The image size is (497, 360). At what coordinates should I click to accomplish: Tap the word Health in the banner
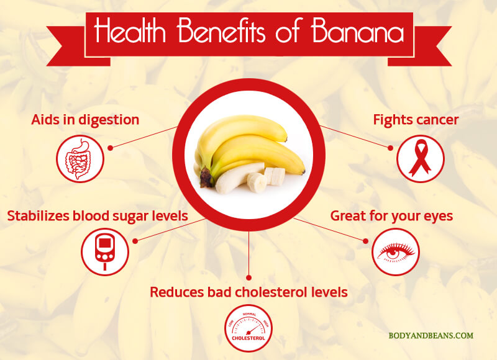[x=130, y=30]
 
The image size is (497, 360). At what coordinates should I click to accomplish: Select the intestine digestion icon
[x=80, y=159]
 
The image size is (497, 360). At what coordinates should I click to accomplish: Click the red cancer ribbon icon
[x=421, y=159]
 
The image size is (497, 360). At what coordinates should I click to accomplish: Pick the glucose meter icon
[x=105, y=252]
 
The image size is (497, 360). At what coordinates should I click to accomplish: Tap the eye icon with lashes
[x=396, y=252]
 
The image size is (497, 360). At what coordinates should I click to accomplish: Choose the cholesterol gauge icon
[x=248, y=328]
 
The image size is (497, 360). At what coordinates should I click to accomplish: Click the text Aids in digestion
[x=85, y=120]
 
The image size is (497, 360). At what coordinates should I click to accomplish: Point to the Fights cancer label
[x=416, y=120]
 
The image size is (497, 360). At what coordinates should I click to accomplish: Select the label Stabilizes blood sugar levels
[x=98, y=216]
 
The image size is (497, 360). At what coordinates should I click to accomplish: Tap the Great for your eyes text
[x=391, y=216]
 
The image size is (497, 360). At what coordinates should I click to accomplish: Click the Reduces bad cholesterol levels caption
[x=249, y=292]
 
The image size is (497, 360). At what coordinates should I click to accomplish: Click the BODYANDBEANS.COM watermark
[x=431, y=335]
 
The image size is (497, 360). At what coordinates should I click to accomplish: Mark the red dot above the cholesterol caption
[x=249, y=277]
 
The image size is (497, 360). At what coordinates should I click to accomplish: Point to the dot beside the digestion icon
[x=111, y=148]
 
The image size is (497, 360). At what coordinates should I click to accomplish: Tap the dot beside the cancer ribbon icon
[x=391, y=148]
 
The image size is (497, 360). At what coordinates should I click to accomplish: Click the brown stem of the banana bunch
[x=206, y=178]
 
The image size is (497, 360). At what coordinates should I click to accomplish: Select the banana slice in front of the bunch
[x=257, y=182]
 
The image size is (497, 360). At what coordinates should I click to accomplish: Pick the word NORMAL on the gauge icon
[x=249, y=315]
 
